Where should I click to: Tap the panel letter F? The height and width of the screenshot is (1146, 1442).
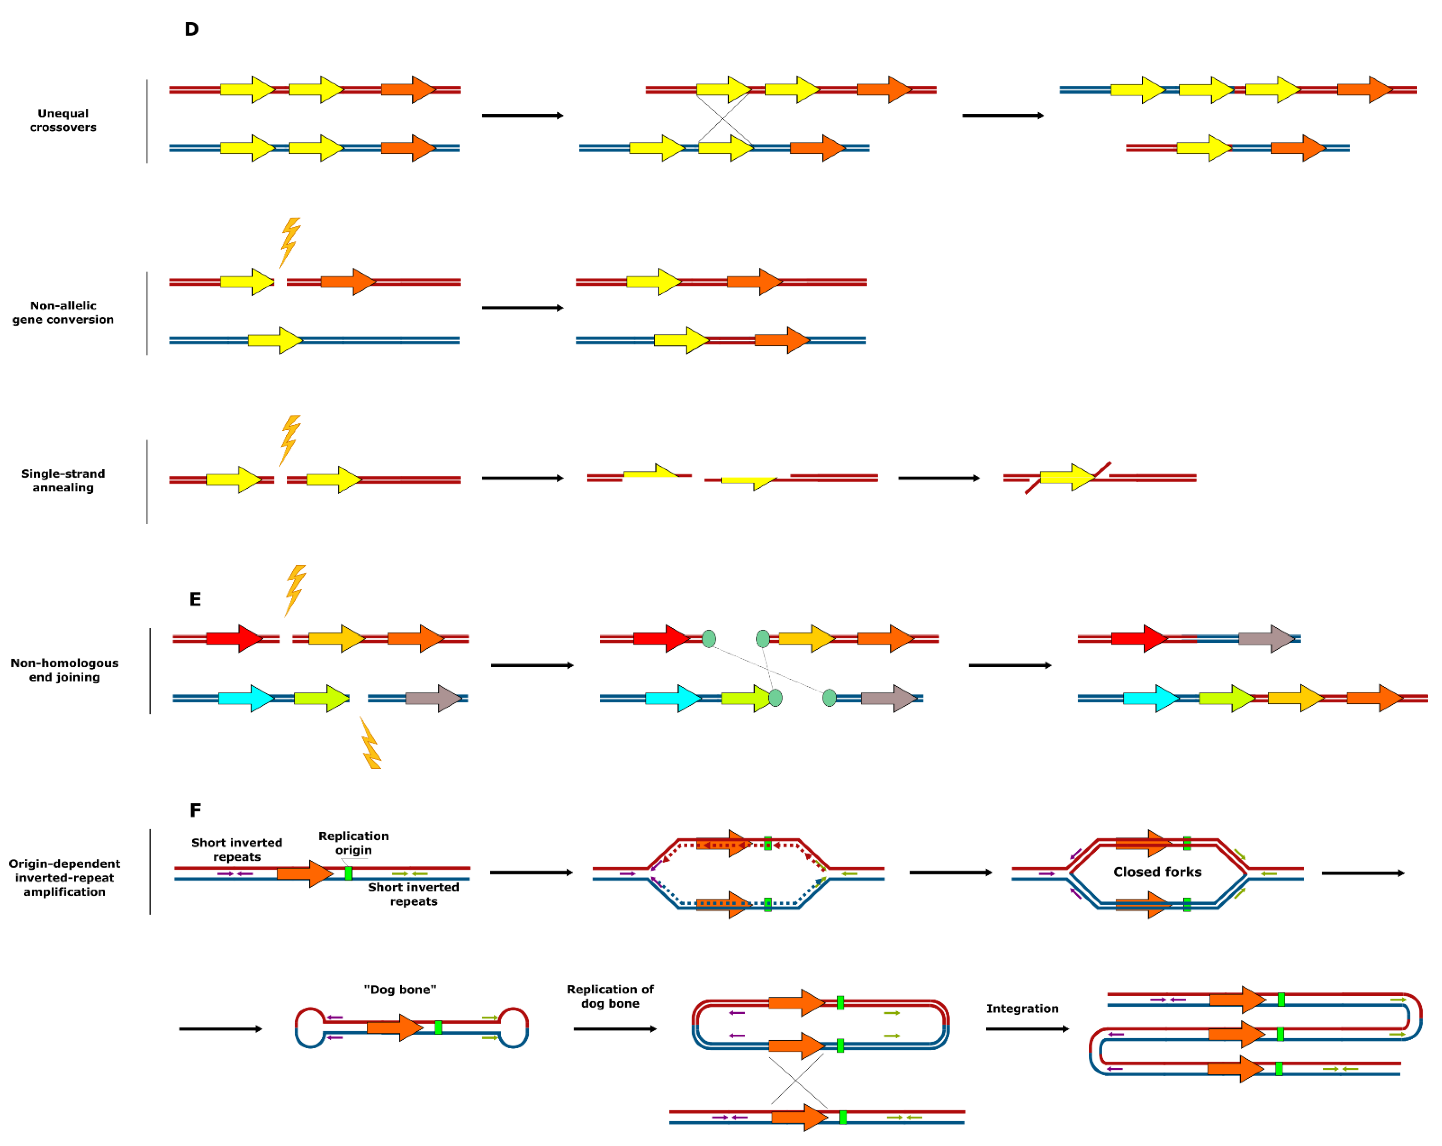195,810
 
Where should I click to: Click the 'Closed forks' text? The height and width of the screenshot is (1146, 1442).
1157,872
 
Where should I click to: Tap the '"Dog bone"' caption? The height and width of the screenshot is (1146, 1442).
400,989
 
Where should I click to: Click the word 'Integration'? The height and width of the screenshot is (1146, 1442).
1022,1008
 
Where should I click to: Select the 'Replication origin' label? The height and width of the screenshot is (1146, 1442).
353,842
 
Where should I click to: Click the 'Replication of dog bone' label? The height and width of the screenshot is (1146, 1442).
610,996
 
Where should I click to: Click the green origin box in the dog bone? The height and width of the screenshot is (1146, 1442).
438,1027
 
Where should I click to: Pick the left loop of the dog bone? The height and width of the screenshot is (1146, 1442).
310,1027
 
